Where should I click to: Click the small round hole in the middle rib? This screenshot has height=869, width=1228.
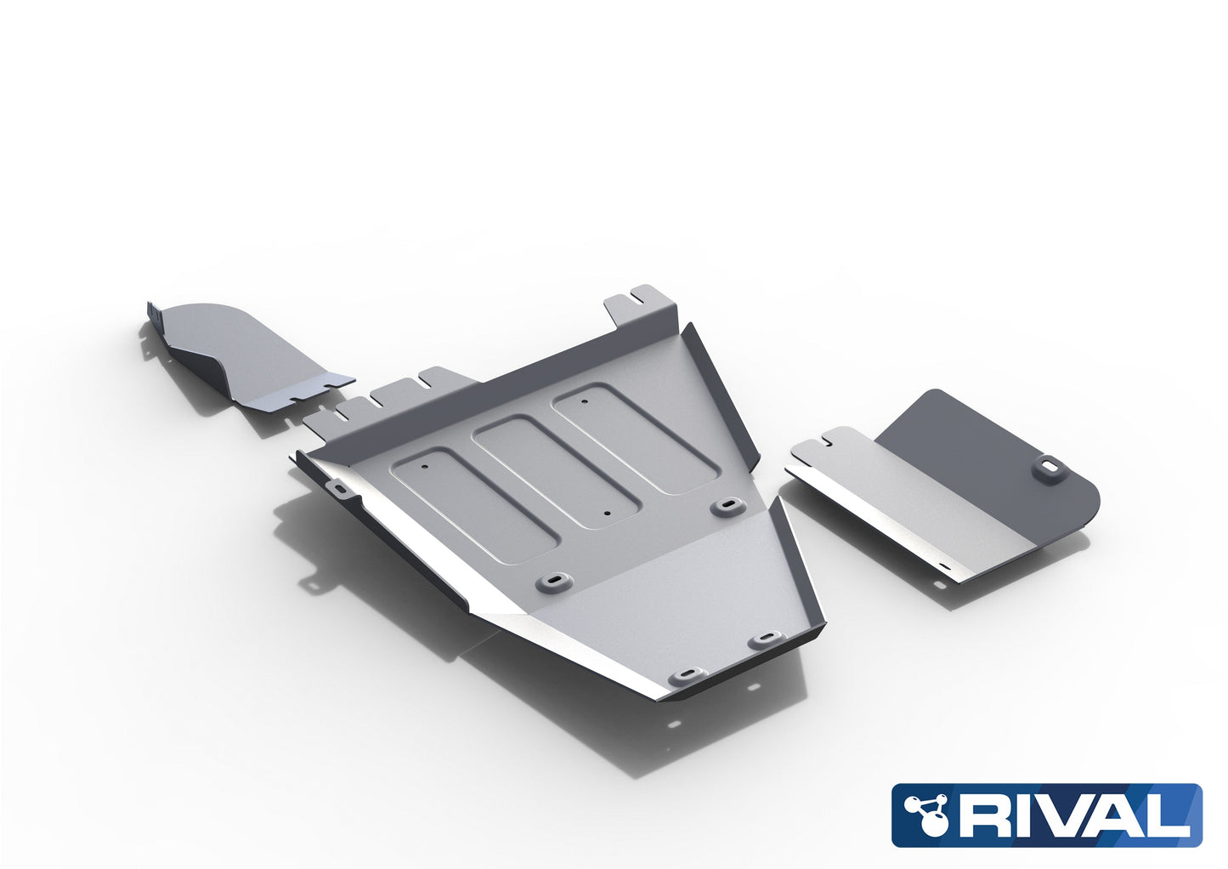605,514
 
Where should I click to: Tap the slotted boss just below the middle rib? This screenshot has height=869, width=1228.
551,582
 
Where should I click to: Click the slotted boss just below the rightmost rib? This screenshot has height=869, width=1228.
727,506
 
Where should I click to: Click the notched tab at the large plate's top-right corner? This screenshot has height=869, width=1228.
639,300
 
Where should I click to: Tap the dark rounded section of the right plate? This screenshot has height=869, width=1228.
1003,451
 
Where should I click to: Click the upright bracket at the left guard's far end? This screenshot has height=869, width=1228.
154,324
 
